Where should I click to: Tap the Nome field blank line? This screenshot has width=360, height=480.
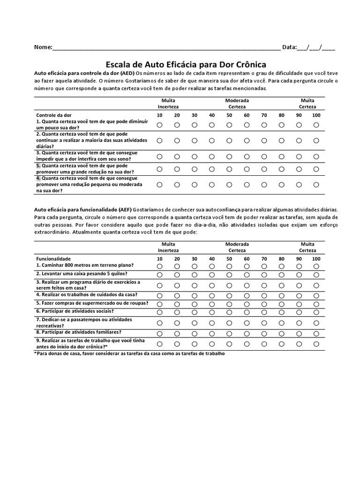[x=166, y=47]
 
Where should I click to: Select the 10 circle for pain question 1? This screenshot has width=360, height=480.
[x=159, y=125]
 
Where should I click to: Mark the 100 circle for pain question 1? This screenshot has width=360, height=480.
[x=316, y=125]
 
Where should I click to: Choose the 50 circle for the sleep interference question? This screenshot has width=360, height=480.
[x=229, y=156]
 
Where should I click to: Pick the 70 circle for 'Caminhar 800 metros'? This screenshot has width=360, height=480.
[x=264, y=266]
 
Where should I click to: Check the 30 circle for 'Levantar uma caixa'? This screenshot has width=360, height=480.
[x=194, y=275]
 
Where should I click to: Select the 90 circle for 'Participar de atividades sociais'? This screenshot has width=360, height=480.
[x=299, y=312]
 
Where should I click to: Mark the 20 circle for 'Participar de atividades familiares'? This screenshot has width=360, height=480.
[x=177, y=334]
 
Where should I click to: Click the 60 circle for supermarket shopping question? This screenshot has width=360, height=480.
[x=247, y=304]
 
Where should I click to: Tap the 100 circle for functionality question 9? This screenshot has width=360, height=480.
[x=316, y=344]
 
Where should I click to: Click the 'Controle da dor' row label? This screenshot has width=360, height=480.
[x=54, y=115]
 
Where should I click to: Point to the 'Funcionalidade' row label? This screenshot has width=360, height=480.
[x=53, y=258]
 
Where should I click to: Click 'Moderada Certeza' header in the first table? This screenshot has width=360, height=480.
[x=237, y=104]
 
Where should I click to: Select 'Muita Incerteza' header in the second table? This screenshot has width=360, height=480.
[x=168, y=247]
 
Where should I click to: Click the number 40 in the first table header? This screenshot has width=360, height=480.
[x=212, y=115]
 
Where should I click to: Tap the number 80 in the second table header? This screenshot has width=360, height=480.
[x=281, y=259]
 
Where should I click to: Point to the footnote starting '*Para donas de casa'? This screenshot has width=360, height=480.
[x=129, y=353]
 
